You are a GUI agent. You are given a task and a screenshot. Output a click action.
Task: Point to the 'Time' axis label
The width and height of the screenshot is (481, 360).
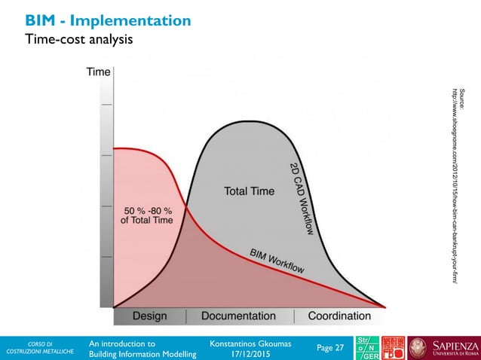tap(98, 72)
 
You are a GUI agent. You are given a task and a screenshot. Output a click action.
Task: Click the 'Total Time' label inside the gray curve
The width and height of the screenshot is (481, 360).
tap(249, 191)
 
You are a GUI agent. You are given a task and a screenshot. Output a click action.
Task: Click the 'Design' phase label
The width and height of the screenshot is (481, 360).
tap(150, 316)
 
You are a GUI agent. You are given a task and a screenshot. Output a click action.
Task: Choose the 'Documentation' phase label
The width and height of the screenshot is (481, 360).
tap(238, 316)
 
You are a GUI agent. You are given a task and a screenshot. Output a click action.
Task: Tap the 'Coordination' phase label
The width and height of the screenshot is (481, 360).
tap(340, 316)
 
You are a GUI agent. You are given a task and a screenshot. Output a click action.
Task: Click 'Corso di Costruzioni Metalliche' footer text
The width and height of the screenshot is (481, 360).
tap(37, 348)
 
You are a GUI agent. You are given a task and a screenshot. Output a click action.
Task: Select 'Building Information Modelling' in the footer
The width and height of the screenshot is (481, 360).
tap(142, 354)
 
